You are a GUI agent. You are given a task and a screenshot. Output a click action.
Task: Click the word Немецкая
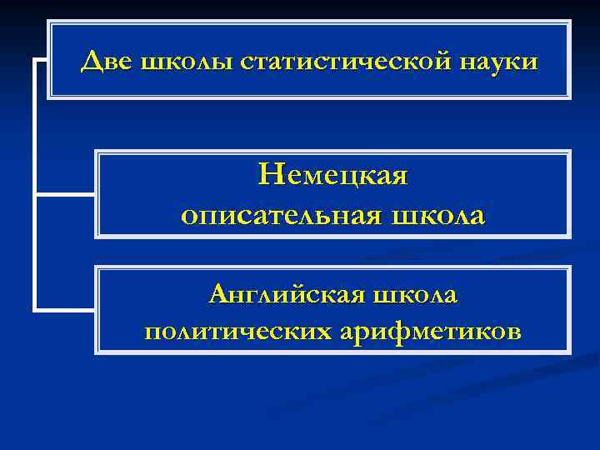(333, 176)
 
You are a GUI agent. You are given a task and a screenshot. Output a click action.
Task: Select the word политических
(237, 332)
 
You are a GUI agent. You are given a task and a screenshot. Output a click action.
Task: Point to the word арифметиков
(432, 332)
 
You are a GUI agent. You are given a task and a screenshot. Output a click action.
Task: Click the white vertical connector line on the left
(34, 183)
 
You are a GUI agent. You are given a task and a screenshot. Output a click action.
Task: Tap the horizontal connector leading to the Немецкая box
(65, 194)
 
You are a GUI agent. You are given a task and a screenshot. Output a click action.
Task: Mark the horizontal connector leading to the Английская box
(65, 310)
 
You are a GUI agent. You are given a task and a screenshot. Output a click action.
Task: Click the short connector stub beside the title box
(41, 61)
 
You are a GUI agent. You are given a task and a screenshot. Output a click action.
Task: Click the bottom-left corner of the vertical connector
(34, 310)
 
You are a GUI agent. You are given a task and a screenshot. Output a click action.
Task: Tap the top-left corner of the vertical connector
(34, 61)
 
